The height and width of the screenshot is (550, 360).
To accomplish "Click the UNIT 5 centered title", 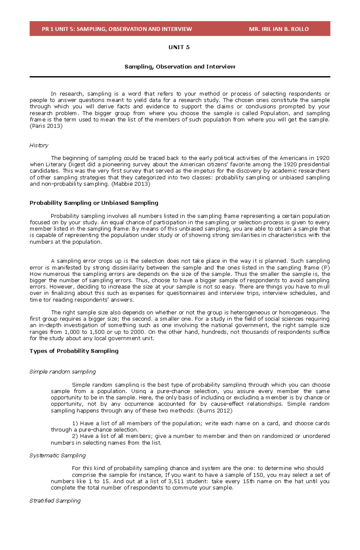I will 179,47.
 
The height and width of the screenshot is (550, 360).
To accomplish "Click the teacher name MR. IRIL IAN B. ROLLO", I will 279,29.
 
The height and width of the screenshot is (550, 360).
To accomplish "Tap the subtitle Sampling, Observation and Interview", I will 180,67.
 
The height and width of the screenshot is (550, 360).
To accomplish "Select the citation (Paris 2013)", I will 46,126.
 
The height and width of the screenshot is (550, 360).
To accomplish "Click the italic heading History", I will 39,145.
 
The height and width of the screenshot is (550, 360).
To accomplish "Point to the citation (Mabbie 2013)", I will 131,184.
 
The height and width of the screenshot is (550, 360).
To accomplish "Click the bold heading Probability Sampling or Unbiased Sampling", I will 94,203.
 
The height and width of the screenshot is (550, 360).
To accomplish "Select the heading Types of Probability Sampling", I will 74,351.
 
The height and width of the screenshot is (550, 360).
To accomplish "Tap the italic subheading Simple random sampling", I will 62,372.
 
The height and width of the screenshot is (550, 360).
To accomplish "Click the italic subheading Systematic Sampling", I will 57,456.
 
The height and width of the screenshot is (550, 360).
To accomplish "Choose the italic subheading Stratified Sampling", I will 55,501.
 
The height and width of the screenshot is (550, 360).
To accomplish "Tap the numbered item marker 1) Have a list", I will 75,424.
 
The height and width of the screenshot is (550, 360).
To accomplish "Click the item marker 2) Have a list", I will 75,436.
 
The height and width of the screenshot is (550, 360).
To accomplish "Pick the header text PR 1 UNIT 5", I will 58,29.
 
